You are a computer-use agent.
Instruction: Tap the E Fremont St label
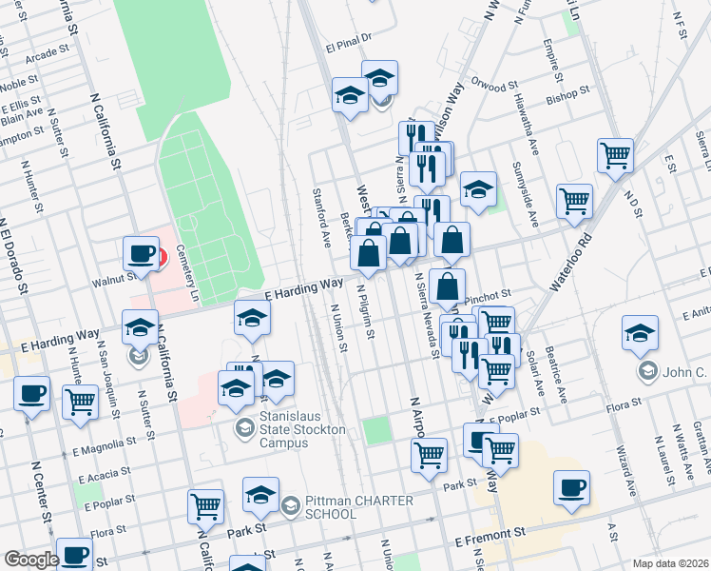pyautogui.click(x=490, y=540)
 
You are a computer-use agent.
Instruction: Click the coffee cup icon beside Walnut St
pyautogui.click(x=141, y=255)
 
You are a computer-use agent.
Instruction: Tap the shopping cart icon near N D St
pyautogui.click(x=615, y=155)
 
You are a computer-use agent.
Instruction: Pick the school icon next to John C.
pyautogui.click(x=640, y=335)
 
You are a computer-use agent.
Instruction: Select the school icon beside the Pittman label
pyautogui.click(x=260, y=496)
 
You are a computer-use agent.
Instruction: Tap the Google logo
pyautogui.click(x=30, y=560)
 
